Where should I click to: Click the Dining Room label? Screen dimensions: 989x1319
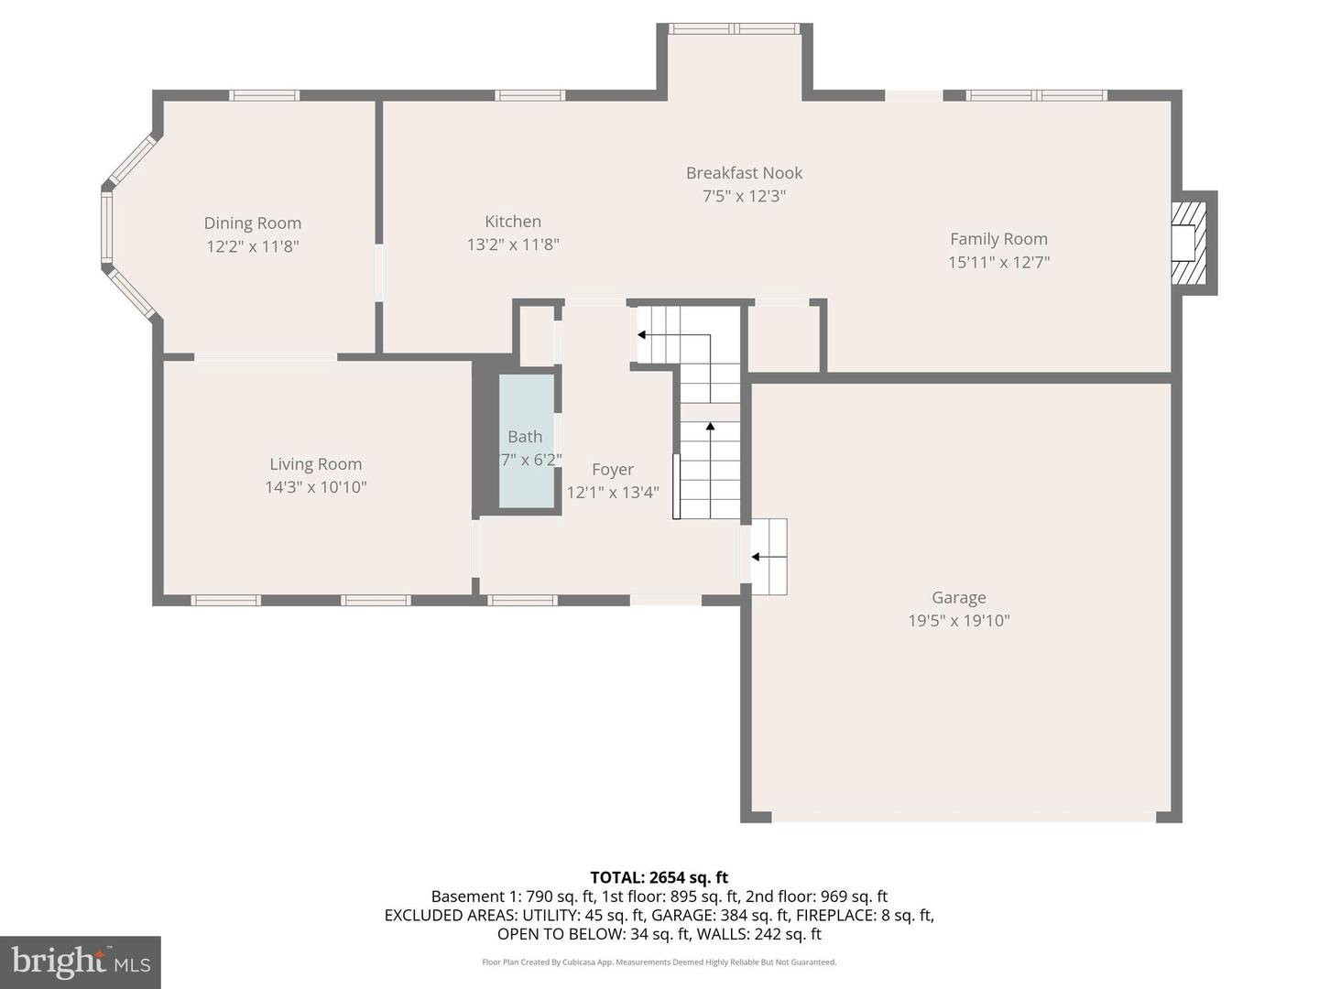coord(252,223)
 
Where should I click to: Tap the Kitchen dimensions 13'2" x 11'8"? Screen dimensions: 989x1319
coord(513,245)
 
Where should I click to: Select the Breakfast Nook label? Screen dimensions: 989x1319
coord(744,173)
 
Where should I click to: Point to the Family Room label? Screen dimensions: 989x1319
coord(998,239)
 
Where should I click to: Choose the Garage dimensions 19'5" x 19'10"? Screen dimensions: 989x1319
coord(958,621)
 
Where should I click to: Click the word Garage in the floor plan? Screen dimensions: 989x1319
coord(958,598)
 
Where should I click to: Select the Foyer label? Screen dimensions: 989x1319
coord(612,470)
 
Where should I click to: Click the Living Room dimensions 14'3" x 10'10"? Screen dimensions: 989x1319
coord(316,487)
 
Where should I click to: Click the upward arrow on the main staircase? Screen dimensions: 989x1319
coord(710,427)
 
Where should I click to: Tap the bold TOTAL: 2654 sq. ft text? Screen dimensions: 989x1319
coord(659,877)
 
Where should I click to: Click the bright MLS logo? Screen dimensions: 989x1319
coord(81,962)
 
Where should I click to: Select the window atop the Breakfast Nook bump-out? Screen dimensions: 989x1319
coord(734,29)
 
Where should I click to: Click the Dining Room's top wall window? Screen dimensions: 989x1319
coord(264,95)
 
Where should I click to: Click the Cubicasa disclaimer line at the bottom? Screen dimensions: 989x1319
coord(659,962)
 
